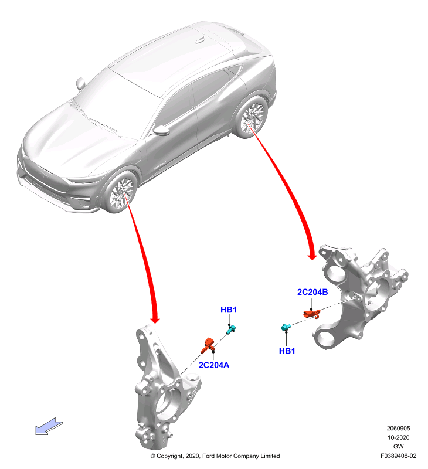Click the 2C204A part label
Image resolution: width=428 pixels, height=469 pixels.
(214, 365)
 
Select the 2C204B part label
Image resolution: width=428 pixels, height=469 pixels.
(312, 292)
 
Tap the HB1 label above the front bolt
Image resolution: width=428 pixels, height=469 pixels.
(229, 310)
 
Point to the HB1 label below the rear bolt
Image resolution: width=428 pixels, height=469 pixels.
(287, 351)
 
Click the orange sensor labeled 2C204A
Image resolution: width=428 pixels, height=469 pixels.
(208, 345)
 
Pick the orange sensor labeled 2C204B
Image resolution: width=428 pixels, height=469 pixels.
(312, 314)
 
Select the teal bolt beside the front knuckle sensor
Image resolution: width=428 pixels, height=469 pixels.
(231, 330)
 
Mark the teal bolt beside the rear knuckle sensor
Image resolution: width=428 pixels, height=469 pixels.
(286, 327)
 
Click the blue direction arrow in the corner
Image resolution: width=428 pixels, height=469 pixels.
(49, 426)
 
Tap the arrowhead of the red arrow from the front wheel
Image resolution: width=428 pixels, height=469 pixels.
(155, 319)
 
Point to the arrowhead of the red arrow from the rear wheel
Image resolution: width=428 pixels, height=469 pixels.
(312, 257)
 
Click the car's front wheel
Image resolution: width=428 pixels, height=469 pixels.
(121, 192)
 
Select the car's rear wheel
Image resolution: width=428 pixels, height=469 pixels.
(252, 117)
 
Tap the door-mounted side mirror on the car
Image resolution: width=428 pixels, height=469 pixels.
(161, 130)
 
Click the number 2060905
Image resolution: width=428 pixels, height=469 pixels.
(398, 429)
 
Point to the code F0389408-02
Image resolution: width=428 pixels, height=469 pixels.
(398, 456)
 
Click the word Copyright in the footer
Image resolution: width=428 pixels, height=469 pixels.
(170, 456)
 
